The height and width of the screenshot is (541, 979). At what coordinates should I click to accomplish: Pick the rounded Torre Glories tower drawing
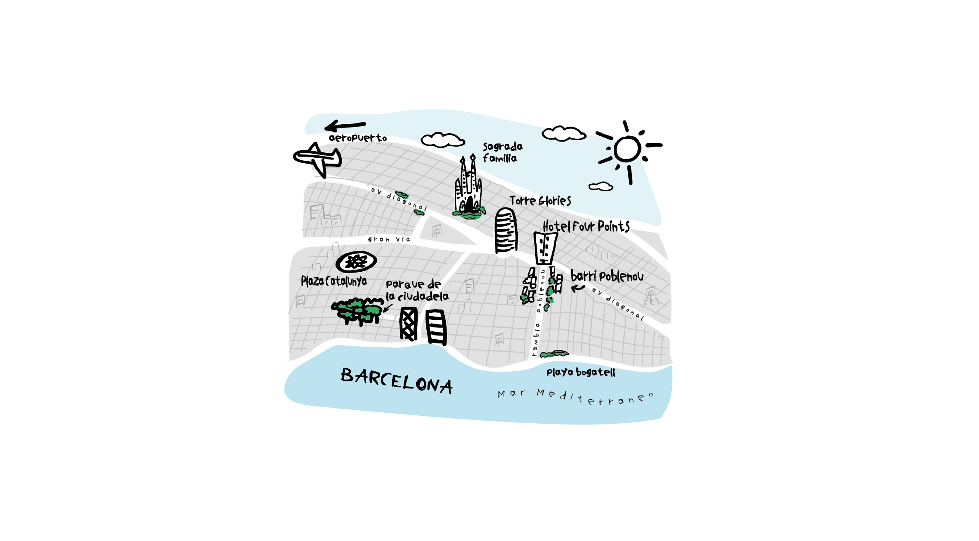505,231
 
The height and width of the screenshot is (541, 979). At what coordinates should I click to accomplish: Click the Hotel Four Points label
586,227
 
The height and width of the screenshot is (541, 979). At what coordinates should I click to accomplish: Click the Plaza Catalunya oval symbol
356,261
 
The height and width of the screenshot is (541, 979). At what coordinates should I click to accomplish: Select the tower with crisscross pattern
409,324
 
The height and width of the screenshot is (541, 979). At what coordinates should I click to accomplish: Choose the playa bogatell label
580,372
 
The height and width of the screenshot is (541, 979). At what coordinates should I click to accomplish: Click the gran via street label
389,239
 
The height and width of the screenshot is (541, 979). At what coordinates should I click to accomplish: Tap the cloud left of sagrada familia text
442,140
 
